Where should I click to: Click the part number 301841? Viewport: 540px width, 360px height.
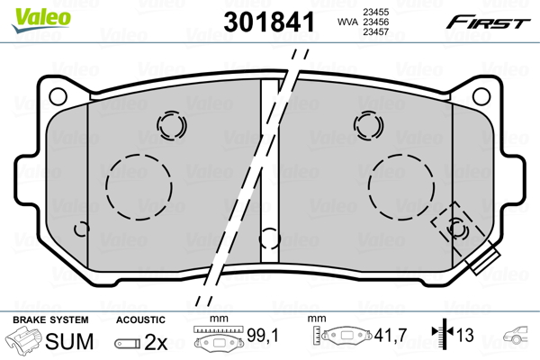pyautogui.click(x=269, y=22)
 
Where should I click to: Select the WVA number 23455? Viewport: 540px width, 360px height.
pyautogui.click(x=375, y=12)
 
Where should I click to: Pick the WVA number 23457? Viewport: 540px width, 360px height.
pyautogui.click(x=375, y=32)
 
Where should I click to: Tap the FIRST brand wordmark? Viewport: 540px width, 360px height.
pyautogui.click(x=488, y=22)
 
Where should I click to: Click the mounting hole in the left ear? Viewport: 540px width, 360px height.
pyautogui.click(x=58, y=96)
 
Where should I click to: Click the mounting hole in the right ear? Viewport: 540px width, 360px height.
pyautogui.click(x=481, y=96)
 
